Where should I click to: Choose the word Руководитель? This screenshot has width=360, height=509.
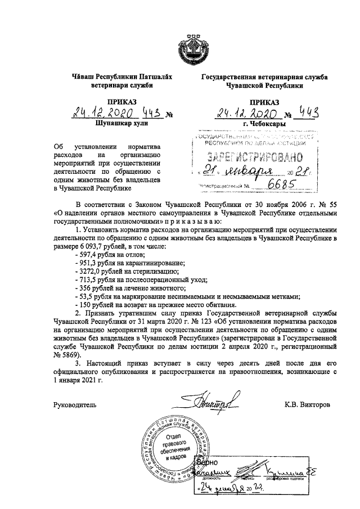pyautogui.click(x=75, y=404)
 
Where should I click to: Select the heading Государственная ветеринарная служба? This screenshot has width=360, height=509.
pyautogui.click(x=260, y=78)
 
